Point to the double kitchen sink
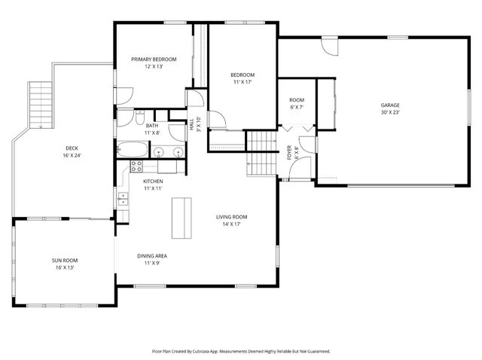[x=122, y=199]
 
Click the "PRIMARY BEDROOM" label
[x=154, y=59]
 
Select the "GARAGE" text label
[x=389, y=105]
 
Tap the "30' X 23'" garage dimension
[x=389, y=112]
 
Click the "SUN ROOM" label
[x=64, y=261]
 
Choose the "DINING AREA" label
[x=152, y=256]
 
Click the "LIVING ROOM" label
[x=234, y=217]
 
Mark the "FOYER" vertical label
[x=288, y=153]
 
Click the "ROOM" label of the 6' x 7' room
[x=297, y=100]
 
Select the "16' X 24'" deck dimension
[x=72, y=155]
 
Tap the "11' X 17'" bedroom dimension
[x=242, y=81]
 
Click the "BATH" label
[x=152, y=126]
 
